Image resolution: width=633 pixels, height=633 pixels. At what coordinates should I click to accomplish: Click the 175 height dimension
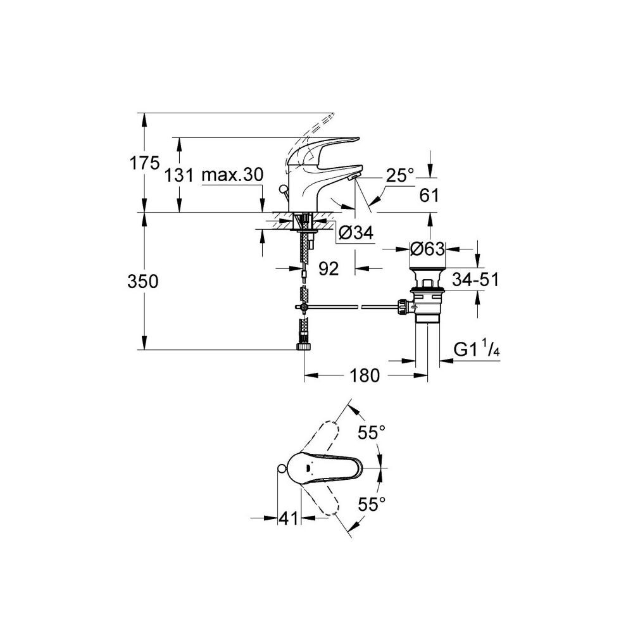[144, 163]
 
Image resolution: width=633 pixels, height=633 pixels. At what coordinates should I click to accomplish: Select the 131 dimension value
[179, 175]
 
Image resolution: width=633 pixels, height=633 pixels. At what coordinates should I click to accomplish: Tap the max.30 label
[232, 175]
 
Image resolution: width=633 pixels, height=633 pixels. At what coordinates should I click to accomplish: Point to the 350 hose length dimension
[142, 281]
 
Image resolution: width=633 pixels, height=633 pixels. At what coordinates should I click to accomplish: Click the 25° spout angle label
[399, 175]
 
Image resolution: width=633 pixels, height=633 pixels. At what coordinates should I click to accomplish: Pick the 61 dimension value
[429, 196]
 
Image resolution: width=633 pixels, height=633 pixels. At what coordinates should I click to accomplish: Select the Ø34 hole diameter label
[356, 232]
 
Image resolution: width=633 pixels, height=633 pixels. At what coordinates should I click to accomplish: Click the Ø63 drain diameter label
[427, 249]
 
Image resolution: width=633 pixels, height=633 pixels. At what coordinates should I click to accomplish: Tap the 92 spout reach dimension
[328, 268]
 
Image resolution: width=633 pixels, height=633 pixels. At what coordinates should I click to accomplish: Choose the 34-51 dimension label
[475, 279]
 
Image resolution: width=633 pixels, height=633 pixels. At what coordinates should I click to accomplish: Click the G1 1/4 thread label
[477, 349]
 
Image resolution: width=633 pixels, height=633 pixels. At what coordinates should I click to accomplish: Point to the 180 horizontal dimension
[365, 375]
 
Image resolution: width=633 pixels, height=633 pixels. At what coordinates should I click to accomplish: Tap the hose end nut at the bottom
[303, 347]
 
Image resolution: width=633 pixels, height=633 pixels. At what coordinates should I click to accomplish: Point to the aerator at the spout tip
[353, 177]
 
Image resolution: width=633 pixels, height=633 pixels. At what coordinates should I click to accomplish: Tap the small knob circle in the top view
[282, 468]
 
